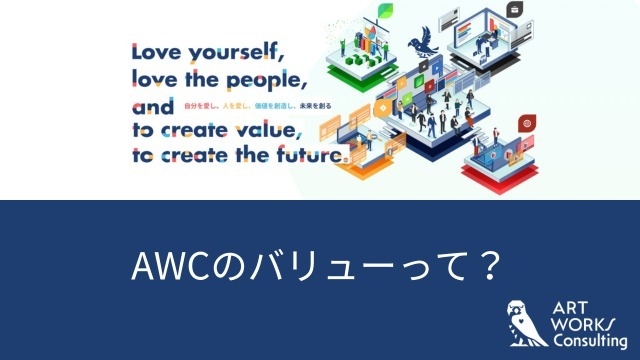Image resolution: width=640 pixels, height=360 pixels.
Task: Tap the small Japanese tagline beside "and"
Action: coord(255,105)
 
